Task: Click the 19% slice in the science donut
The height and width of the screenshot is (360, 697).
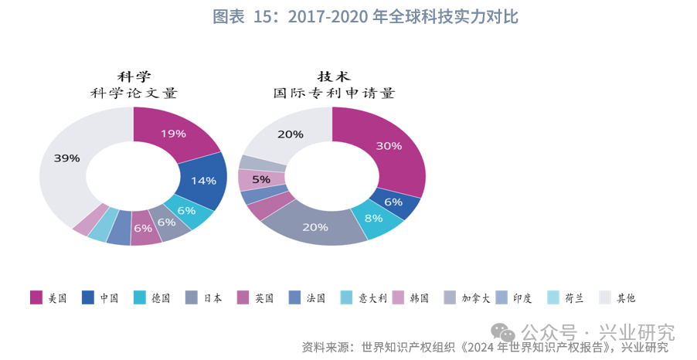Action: (173, 134)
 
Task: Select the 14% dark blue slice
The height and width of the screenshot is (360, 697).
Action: (203, 181)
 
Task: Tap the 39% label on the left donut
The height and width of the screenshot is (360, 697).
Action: (66, 158)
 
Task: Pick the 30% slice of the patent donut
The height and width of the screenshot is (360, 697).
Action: (389, 146)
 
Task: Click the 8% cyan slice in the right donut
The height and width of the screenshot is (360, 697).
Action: (374, 219)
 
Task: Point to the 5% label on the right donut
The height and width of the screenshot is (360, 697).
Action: (261, 179)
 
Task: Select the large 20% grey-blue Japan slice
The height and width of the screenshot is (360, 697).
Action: (315, 227)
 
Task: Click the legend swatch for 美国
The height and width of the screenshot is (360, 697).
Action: (36, 297)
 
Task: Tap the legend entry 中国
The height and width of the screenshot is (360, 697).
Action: (100, 297)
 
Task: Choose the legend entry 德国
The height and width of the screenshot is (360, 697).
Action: (152, 297)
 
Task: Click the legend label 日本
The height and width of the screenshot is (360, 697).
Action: (212, 297)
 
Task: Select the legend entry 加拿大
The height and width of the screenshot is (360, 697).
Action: (467, 297)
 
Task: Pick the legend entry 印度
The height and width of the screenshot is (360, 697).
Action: (514, 297)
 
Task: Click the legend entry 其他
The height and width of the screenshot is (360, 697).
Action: (617, 297)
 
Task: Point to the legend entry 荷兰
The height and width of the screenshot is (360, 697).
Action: (566, 297)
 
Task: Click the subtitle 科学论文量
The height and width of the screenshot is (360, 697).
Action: (134, 93)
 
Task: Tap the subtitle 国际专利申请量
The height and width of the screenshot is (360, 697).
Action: (334, 93)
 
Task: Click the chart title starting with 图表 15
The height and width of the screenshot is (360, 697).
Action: (365, 17)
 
